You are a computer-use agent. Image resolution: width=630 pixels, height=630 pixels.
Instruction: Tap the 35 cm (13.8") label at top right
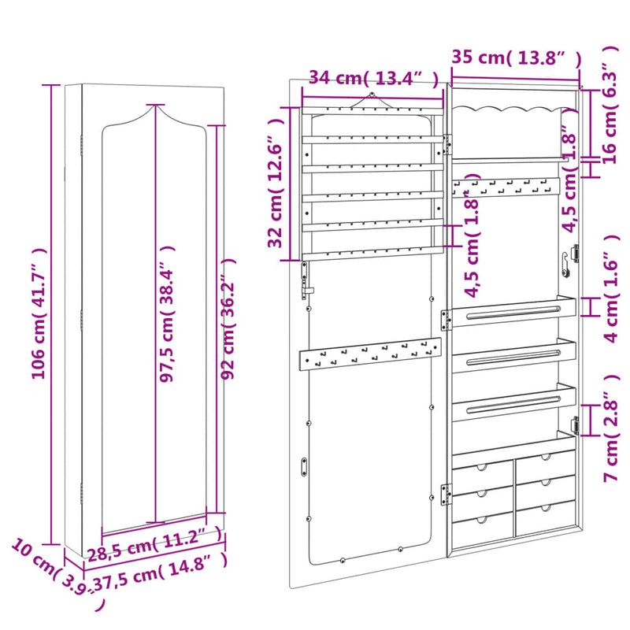(516, 57)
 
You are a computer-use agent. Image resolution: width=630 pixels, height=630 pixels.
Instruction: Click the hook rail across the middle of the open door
(369, 356)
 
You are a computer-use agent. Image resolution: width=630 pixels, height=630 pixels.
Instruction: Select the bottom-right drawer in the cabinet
(544, 518)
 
